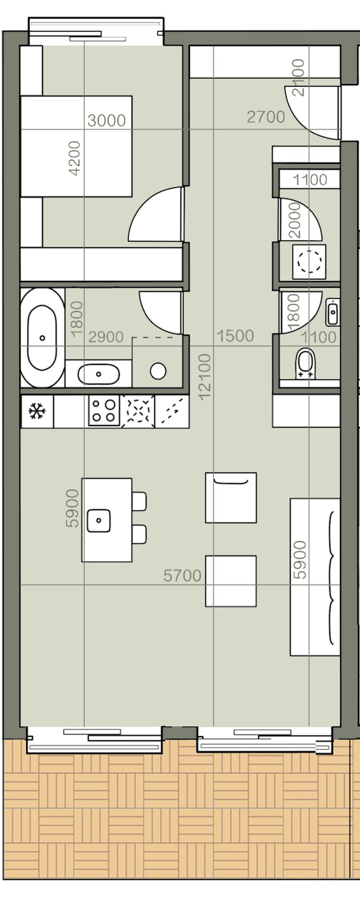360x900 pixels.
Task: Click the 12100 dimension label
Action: pos(204,376)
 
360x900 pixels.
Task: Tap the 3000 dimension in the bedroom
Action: pos(107,120)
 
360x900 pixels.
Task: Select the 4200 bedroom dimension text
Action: pos(75,158)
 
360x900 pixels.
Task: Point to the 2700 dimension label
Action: pos(266,117)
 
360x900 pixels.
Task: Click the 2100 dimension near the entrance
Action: pos(298,78)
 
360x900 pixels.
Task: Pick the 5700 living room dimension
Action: pos(182,576)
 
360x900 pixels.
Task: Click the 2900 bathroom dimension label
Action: pos(106,337)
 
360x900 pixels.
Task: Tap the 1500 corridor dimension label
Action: pos(235,335)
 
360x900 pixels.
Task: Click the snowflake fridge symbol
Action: pos(36,411)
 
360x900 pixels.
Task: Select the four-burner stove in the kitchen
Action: pos(105,410)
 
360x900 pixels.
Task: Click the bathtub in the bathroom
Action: pos(42,337)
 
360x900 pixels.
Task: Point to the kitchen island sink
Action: pos(98,521)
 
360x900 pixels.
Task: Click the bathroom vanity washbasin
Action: pos(99,375)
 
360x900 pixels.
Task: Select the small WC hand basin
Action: pos(332,312)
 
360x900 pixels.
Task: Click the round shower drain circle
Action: pos(158,371)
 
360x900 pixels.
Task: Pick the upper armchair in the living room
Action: pos(231,497)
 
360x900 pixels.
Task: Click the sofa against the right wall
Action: pos(315,577)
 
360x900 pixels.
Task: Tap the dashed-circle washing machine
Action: pos(309,262)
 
